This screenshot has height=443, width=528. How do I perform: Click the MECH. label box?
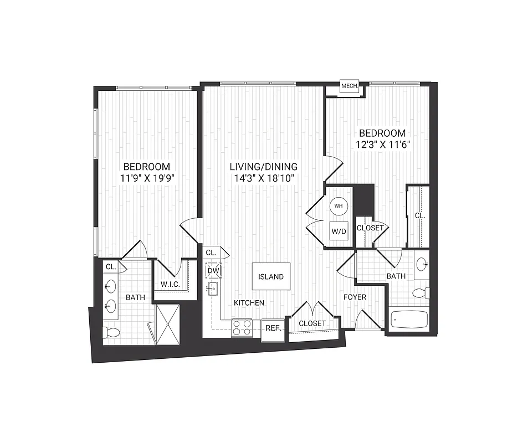click(349, 86)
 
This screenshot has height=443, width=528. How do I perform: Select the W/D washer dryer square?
click(339, 230)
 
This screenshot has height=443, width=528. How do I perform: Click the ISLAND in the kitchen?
click(271, 276)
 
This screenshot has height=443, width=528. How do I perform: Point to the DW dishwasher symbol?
click(213, 271)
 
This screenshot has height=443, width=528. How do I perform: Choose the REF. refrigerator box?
click(273, 329)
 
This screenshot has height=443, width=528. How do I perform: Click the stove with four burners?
click(242, 328)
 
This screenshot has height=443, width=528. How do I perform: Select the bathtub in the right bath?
click(409, 320)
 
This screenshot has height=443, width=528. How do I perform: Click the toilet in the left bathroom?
click(111, 332)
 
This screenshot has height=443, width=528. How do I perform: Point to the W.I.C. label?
click(169, 285)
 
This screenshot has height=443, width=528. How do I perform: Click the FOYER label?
click(355, 297)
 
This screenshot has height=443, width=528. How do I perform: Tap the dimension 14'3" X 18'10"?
click(264, 178)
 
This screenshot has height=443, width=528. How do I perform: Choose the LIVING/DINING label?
click(264, 166)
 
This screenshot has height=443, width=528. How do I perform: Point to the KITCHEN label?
click(248, 303)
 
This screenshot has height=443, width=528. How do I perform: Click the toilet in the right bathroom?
click(422, 293)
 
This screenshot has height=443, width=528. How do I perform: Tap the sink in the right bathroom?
click(422, 264)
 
